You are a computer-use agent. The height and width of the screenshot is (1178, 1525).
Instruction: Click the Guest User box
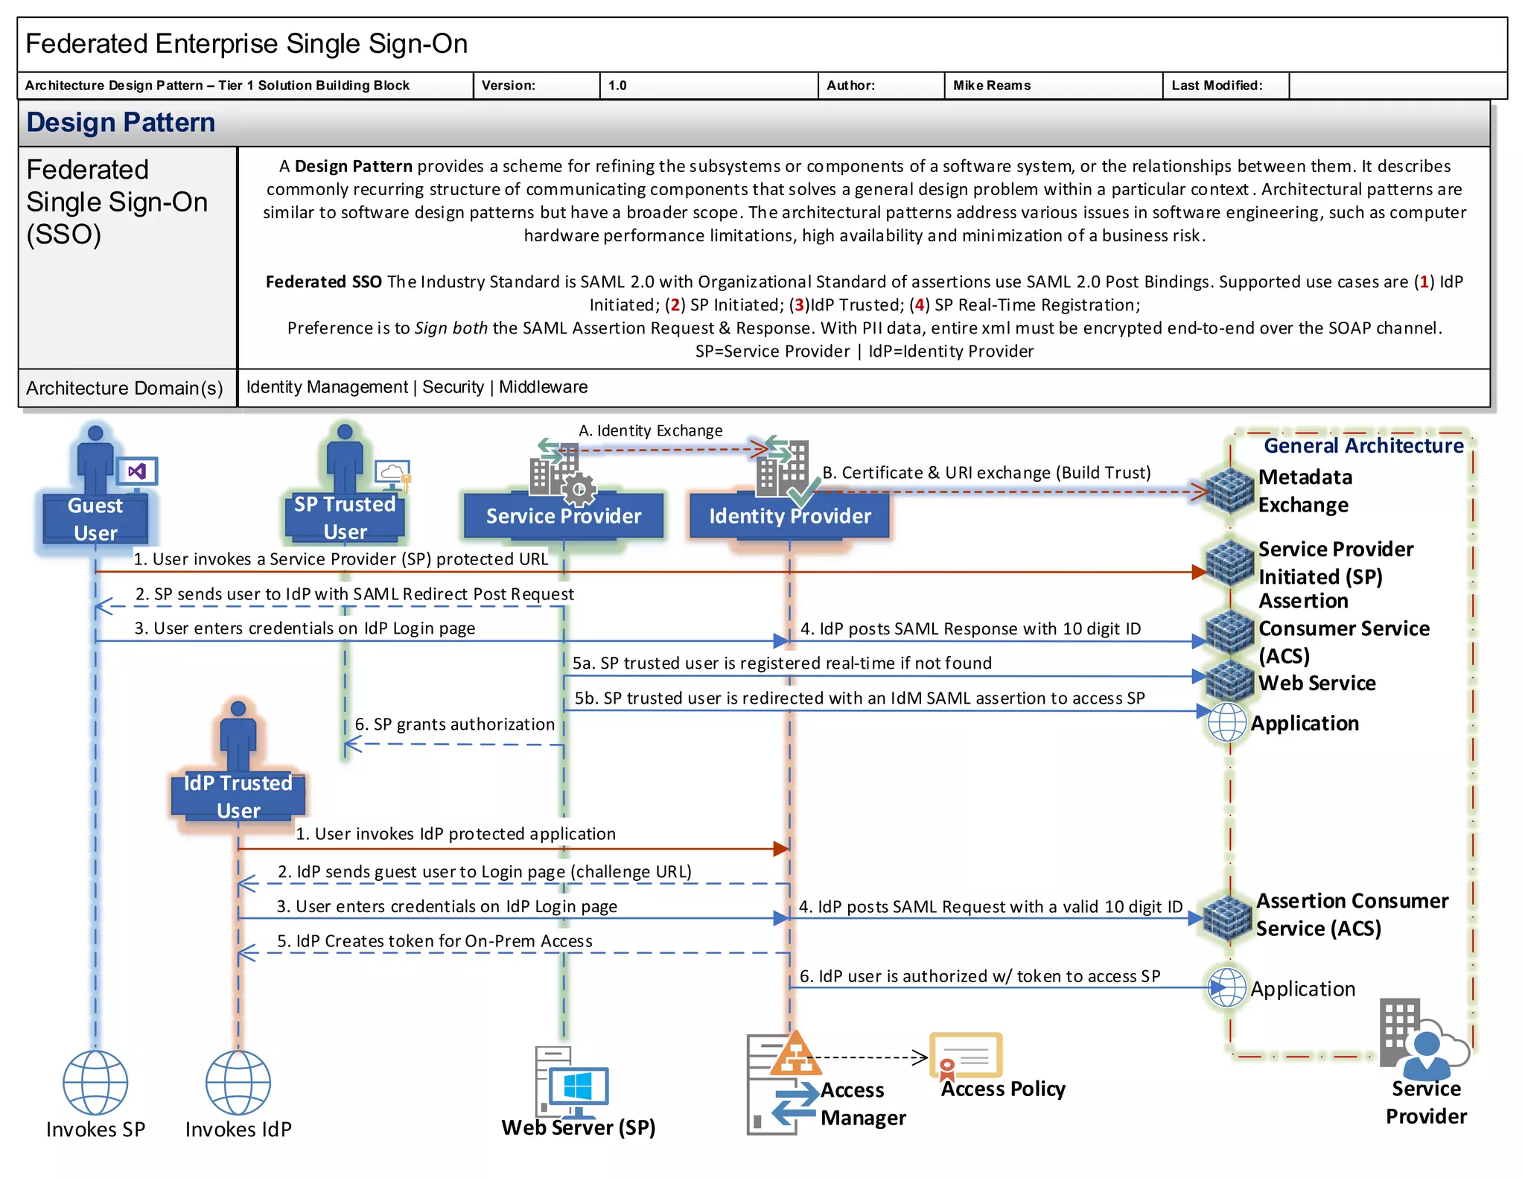point(95,518)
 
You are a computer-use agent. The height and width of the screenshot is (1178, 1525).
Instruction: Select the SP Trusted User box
point(345,517)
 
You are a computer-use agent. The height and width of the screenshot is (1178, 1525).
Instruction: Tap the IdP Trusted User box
point(238,796)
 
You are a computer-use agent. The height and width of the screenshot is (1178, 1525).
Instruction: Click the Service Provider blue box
point(564,516)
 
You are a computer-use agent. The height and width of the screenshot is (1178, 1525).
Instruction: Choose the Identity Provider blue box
point(789,516)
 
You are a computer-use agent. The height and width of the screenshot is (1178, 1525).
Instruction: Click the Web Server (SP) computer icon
point(571,1082)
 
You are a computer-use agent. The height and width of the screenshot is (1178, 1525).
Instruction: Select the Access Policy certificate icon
point(966,1056)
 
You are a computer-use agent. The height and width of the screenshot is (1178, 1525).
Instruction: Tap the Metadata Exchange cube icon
point(1229,490)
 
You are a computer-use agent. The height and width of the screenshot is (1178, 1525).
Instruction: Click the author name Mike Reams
point(992,86)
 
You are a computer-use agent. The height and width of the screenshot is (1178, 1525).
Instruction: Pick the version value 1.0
point(617,86)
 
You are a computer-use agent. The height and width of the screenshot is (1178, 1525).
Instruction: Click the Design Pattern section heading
point(121,122)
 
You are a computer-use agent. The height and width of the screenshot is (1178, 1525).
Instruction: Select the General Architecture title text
point(1363,445)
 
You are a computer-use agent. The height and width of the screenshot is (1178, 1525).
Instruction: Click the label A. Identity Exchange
point(650,430)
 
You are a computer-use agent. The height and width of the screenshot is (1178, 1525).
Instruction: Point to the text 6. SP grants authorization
point(454,724)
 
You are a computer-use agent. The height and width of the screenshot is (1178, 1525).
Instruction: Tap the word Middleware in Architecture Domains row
point(543,387)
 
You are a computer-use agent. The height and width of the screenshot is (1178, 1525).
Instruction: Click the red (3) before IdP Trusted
point(798,305)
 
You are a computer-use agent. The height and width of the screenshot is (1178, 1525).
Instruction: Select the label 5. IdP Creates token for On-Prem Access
point(435,940)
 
